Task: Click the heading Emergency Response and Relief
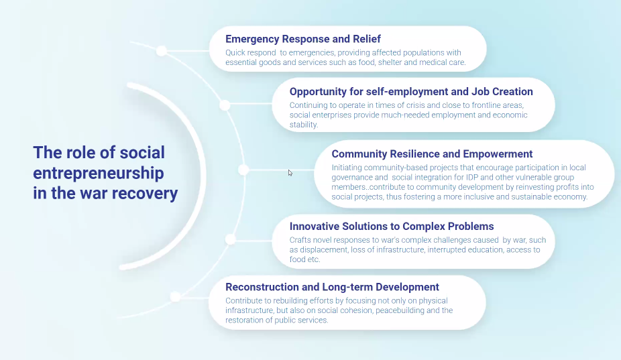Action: pos(303,39)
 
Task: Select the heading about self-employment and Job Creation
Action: pos(411,91)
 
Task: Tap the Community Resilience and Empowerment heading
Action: pos(432,154)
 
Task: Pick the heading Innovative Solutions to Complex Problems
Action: pos(392,226)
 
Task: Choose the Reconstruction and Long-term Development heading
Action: pos(332,287)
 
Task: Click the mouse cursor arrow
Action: pos(290,173)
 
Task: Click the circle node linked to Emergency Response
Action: pos(161,51)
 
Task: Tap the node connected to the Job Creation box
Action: pos(225,105)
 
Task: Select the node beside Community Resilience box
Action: pos(243,170)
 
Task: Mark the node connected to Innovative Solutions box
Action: pos(231,239)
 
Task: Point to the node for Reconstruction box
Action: pos(176,296)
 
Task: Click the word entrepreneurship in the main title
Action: pos(98,173)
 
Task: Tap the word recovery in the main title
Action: pos(145,193)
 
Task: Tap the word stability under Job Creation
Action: pos(303,124)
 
